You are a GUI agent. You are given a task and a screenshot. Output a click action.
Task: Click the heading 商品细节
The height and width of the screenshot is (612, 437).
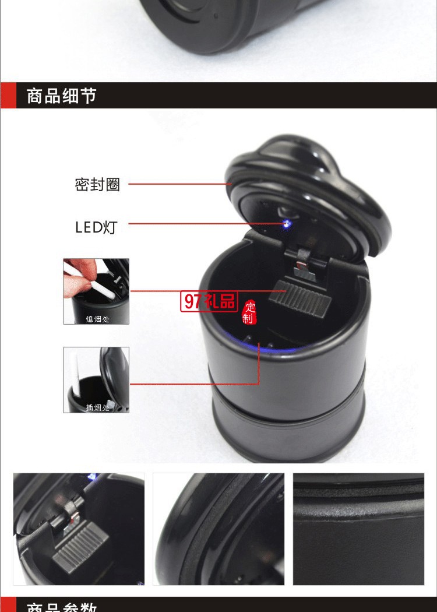pos(61,96)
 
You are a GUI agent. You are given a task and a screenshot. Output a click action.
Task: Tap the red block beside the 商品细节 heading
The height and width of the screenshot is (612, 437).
pos(8,96)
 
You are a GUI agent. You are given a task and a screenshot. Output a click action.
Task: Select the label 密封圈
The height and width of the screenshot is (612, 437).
pos(97,185)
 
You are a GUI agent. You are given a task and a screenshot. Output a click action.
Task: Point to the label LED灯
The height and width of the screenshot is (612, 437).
pos(96,227)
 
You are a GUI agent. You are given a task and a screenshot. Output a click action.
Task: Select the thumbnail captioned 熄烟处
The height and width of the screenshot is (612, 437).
pos(96,291)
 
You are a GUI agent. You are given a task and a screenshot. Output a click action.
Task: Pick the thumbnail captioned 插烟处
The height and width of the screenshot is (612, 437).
pos(96,379)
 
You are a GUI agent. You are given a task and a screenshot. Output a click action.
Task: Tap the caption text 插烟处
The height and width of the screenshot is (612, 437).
pos(97,408)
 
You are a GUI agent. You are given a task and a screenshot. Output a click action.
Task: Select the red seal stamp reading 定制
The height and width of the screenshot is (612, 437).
pos(249,313)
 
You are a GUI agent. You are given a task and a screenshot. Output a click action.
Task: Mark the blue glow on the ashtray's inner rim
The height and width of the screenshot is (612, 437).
pos(274,347)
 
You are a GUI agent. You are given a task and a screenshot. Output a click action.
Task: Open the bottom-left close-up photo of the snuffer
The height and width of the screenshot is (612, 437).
pos(79,529)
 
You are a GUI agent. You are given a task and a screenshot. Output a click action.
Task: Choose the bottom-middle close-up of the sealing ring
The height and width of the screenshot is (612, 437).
pos(218,529)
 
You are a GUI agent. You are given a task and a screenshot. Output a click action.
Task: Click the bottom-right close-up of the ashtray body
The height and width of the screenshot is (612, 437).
pos(358,529)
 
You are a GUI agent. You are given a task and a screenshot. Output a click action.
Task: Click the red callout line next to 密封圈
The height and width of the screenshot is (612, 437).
pos(178,184)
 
